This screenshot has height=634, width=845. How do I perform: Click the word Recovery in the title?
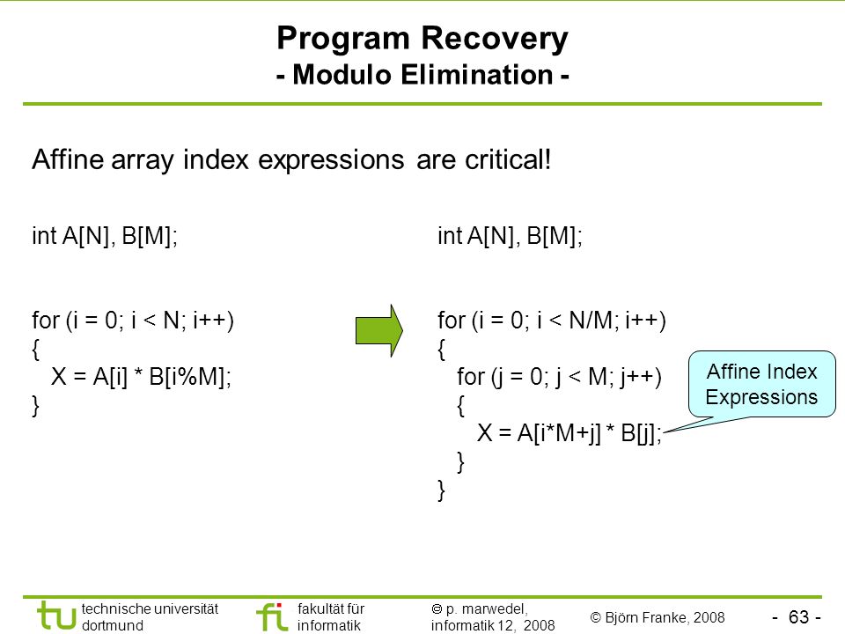click(x=494, y=40)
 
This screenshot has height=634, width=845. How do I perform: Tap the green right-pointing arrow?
click(x=378, y=330)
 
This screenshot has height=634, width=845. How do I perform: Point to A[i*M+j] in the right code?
click(x=559, y=433)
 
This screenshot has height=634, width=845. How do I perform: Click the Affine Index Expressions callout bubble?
click(x=761, y=385)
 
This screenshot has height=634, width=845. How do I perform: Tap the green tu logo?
click(x=56, y=616)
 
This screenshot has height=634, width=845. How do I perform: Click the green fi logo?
click(x=272, y=616)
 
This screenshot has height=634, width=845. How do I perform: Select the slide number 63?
click(x=798, y=616)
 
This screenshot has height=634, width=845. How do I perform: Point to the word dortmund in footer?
click(x=113, y=625)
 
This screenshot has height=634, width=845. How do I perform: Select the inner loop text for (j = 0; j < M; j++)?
click(x=560, y=377)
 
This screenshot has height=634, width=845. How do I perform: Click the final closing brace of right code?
click(x=441, y=490)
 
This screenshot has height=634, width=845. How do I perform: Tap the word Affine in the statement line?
click(x=68, y=159)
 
